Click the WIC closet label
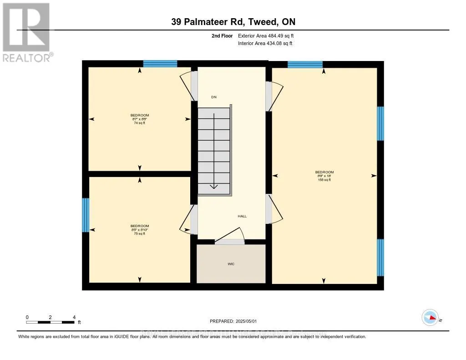[231, 264]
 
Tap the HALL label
[242, 216]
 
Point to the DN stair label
[213, 97]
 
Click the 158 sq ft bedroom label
[324, 176]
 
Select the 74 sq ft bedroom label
[140, 119]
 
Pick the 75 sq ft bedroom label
[140, 229]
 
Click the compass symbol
[430, 318]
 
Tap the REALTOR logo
[26, 32]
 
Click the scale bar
[50, 322]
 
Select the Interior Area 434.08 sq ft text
[265, 44]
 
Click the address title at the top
[233, 22]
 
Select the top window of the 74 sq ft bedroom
[160, 64]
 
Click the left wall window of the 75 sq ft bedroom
[86, 215]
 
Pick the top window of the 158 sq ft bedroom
[305, 64]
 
